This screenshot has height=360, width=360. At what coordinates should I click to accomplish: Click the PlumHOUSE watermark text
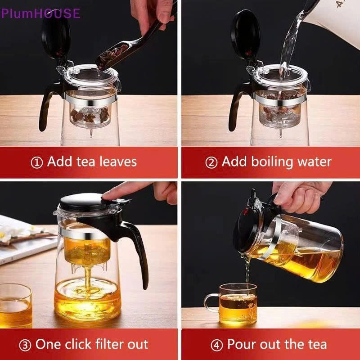tap(40, 13)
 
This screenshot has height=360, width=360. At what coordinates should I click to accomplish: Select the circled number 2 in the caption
tap(211, 162)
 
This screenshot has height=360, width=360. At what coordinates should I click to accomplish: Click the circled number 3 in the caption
tap(25, 346)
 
